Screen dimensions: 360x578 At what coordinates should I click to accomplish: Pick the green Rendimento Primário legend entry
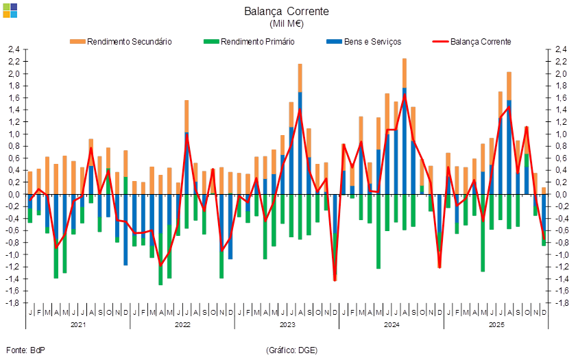coord(251,42)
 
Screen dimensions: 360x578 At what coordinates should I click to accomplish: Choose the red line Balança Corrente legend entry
coord(473,42)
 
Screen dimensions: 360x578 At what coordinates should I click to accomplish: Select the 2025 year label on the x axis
coord(496,324)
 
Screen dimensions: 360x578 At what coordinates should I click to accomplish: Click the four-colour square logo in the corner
coord(10,10)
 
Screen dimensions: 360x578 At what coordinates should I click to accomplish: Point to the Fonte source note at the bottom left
coord(25,350)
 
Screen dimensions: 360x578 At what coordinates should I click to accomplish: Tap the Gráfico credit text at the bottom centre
coord(291,350)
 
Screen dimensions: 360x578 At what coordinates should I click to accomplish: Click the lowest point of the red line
coord(335,280)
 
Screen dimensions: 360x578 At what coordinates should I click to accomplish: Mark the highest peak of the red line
coord(405,95)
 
